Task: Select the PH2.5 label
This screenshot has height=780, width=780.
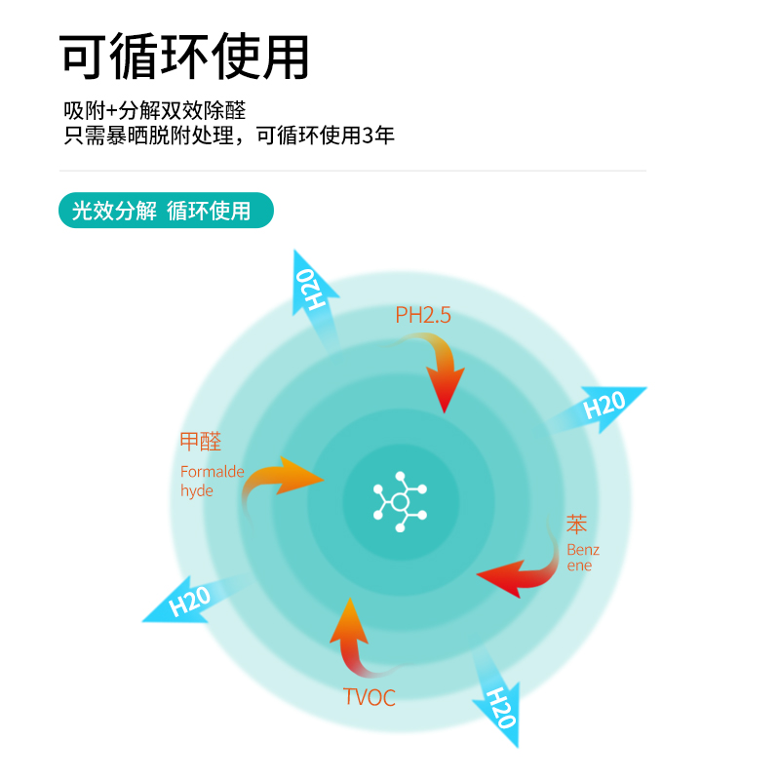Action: point(423,315)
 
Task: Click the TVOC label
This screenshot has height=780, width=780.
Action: point(370,697)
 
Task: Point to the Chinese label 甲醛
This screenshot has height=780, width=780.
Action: point(201,442)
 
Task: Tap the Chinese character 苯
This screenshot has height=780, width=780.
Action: point(578,525)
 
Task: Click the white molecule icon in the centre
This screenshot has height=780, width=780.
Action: point(400,500)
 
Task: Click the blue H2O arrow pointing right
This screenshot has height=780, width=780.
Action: point(603,406)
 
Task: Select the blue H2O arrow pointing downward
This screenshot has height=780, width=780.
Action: point(499,698)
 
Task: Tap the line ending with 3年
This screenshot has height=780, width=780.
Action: point(229,136)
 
